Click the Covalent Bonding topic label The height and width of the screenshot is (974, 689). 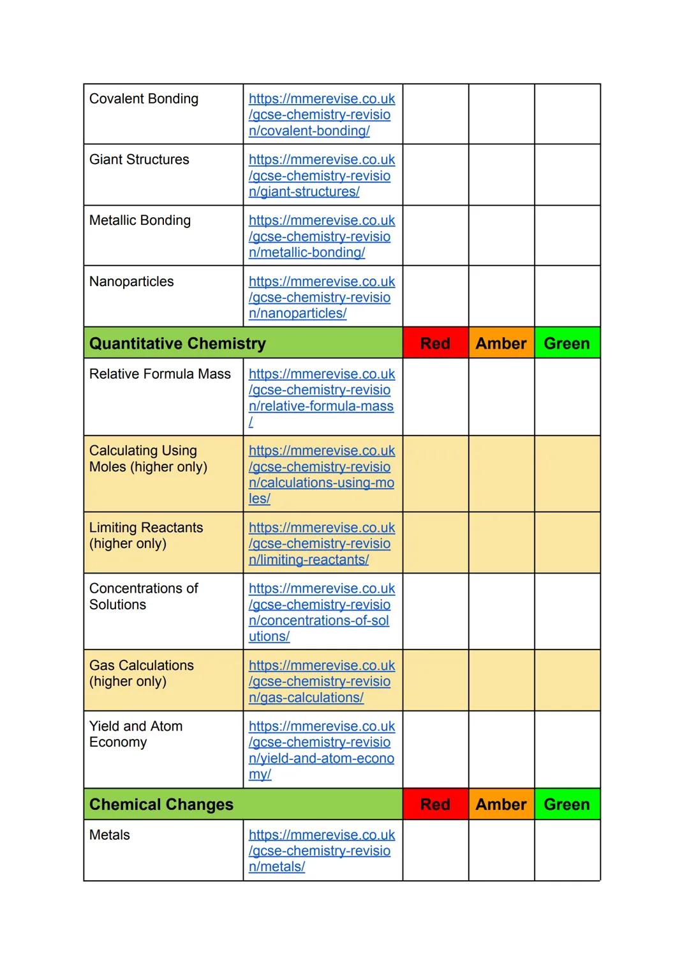click(144, 99)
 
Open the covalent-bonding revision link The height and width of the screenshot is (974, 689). click(321, 115)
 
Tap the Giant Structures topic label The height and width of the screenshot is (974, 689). click(139, 160)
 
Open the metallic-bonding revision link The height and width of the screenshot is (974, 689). click(321, 236)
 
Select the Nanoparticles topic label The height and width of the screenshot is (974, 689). click(131, 282)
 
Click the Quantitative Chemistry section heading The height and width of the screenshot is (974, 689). click(177, 344)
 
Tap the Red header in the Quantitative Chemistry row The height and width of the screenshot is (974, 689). click(435, 344)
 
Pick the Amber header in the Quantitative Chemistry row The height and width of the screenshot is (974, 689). click(501, 344)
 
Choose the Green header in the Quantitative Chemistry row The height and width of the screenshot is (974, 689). click(567, 344)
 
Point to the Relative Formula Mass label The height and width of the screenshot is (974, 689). click(159, 374)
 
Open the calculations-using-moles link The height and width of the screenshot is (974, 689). click(321, 475)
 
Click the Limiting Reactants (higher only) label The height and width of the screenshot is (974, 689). click(146, 535)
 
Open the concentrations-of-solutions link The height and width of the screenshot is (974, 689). click(321, 613)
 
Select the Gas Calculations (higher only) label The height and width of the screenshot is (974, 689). click(142, 673)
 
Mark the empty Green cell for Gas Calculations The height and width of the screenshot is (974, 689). click(567, 680)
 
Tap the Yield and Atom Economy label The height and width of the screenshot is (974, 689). click(136, 734)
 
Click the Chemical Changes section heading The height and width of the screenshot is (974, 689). click(161, 805)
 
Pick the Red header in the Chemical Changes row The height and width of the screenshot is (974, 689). click(435, 805)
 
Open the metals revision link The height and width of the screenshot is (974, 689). click(321, 851)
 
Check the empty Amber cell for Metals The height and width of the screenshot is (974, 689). click(501, 850)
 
